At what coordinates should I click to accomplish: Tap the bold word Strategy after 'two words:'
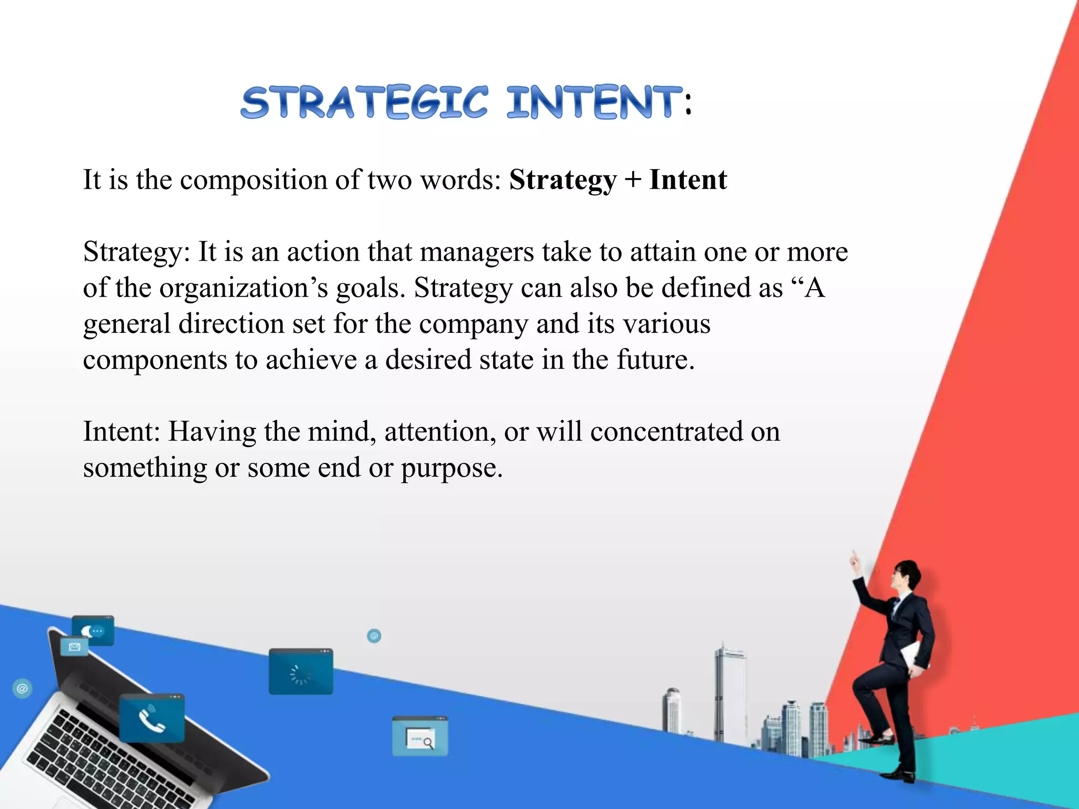pyautogui.click(x=562, y=180)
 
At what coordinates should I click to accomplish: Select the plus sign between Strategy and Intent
pyautogui.click(x=633, y=180)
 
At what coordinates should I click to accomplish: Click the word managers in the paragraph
pyautogui.click(x=477, y=252)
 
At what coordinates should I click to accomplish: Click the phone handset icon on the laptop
pyautogui.click(x=152, y=719)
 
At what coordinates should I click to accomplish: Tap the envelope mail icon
pyautogui.click(x=74, y=647)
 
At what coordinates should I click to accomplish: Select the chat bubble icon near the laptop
pyautogui.click(x=94, y=630)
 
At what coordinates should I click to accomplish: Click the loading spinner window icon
pyautogui.click(x=301, y=672)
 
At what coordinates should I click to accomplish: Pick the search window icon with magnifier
pyautogui.click(x=420, y=737)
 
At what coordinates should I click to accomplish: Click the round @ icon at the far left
pyautogui.click(x=22, y=688)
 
